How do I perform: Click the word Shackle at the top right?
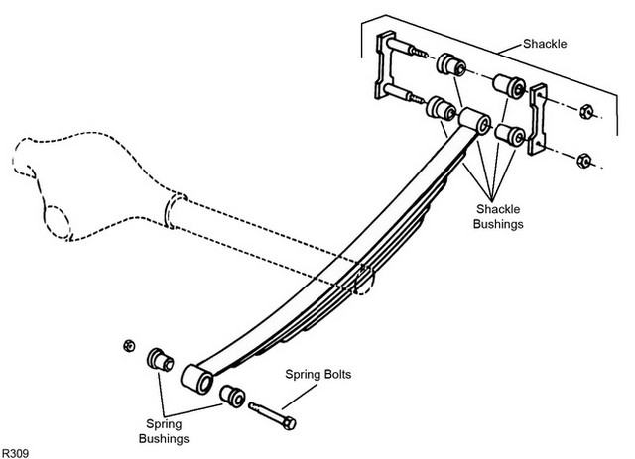(x=545, y=44)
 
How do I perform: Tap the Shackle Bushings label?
(x=498, y=216)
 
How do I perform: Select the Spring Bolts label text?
(x=317, y=374)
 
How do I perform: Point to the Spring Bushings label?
(x=164, y=431)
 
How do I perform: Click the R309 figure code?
(x=16, y=453)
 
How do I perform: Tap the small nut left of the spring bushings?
(x=129, y=346)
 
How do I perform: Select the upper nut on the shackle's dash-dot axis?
(x=586, y=111)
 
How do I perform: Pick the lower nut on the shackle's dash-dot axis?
(x=583, y=161)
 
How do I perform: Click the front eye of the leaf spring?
(x=196, y=379)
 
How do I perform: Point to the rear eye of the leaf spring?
(x=474, y=121)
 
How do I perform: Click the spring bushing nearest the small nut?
(x=160, y=360)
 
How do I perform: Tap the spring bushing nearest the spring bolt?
(x=232, y=397)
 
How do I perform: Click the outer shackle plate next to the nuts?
(x=537, y=119)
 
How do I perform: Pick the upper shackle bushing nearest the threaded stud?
(x=450, y=64)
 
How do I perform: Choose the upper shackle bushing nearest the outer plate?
(x=509, y=87)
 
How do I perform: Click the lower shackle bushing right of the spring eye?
(x=510, y=135)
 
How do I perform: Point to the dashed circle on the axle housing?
(x=57, y=222)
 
